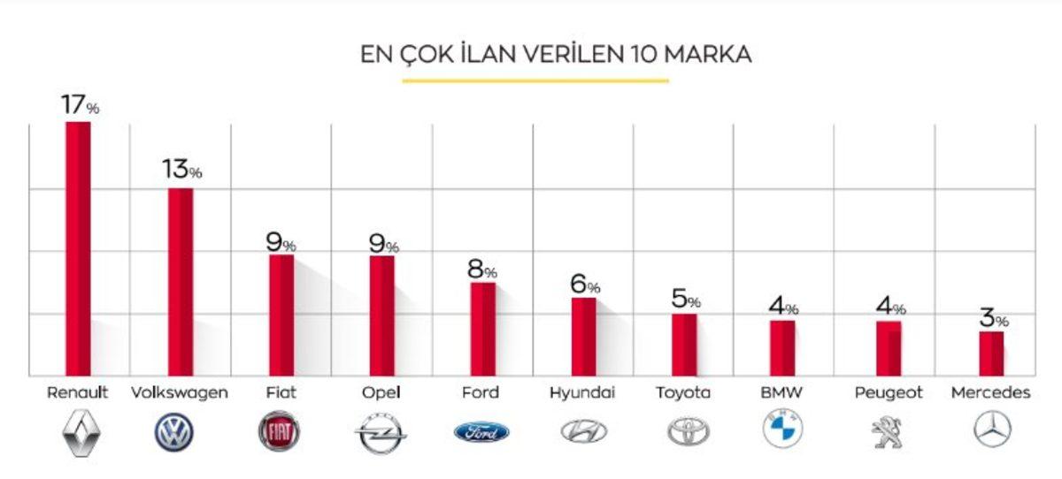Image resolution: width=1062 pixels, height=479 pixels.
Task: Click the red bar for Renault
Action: pyautogui.click(x=78, y=248)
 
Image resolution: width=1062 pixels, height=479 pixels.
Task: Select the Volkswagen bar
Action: pyautogui.click(x=180, y=282)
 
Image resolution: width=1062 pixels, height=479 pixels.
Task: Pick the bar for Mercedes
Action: pyautogui.click(x=991, y=354)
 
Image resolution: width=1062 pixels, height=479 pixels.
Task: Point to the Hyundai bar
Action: pyautogui.click(x=583, y=337)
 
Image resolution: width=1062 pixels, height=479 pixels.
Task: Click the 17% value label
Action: pyautogui.click(x=80, y=104)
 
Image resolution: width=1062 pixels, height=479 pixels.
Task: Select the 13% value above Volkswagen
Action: pyautogui.click(x=181, y=169)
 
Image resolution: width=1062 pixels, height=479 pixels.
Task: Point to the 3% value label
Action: pyautogui.click(x=993, y=318)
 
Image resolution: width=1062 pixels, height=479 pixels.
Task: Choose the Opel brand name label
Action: pyautogui.click(x=381, y=392)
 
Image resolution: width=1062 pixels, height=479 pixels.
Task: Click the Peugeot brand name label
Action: pyautogui.click(x=889, y=392)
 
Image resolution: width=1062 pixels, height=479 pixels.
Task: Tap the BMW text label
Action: pyautogui.click(x=781, y=392)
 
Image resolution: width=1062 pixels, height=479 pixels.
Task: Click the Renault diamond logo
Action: pyautogui.click(x=82, y=432)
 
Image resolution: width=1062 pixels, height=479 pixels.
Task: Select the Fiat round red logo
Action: pyautogui.click(x=280, y=432)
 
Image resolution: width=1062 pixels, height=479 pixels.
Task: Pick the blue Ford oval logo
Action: pyautogui.click(x=481, y=432)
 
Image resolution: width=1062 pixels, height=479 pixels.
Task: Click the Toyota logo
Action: pyautogui.click(x=688, y=431)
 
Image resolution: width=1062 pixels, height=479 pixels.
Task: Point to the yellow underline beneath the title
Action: pyautogui.click(x=535, y=81)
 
